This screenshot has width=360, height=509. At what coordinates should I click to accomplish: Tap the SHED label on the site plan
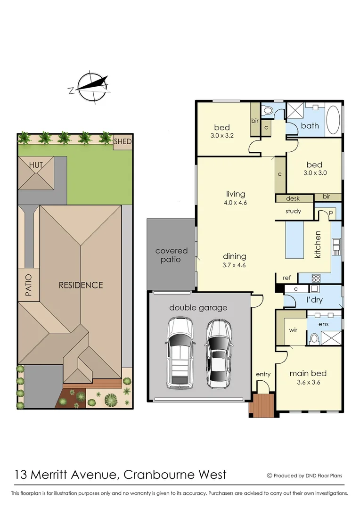coord(123,141)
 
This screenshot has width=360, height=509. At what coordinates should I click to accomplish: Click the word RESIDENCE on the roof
coord(81,285)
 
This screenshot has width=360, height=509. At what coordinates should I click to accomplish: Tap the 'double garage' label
coord(198,308)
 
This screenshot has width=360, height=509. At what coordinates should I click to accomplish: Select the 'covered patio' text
coord(172,255)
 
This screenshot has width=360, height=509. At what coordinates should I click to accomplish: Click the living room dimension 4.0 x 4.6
coord(236,203)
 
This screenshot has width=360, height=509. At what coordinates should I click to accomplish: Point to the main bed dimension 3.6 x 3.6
coord(308,382)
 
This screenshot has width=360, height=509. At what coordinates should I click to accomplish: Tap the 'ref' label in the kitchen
coord(286,278)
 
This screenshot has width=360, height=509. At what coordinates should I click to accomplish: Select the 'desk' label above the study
coord(294,199)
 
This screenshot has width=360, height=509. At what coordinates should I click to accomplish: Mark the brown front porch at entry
coord(261,405)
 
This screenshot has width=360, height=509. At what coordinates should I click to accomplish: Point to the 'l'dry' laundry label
coord(314,300)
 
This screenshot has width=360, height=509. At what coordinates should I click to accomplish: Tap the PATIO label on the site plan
coord(28,285)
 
